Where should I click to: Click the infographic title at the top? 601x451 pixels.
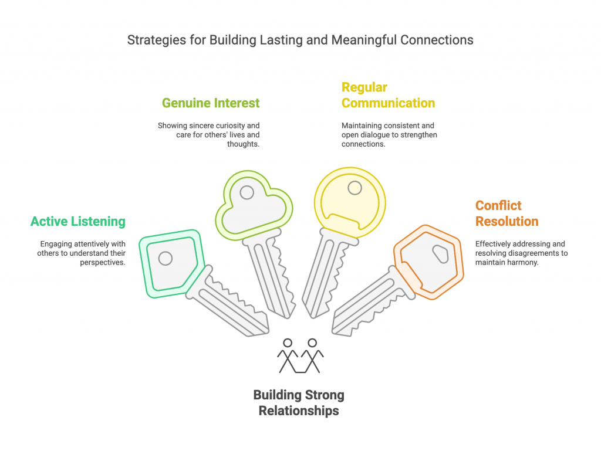tap(300, 40)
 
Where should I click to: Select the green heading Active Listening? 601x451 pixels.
tap(78, 222)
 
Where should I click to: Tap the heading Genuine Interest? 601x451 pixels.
tap(211, 103)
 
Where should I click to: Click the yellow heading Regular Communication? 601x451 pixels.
tap(388, 95)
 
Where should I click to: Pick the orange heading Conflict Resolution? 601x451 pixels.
tap(507, 213)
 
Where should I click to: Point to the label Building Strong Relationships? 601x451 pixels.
tap(299, 402)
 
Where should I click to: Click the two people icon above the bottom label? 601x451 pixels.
tap(300, 355)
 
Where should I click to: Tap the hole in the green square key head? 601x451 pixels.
tap(166, 257)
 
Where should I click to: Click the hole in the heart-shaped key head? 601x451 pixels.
tap(247, 192)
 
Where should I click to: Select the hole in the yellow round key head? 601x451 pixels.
tap(354, 188)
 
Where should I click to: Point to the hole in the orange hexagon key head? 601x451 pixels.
tap(440, 253)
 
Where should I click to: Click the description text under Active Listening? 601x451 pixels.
tap(83, 253)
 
